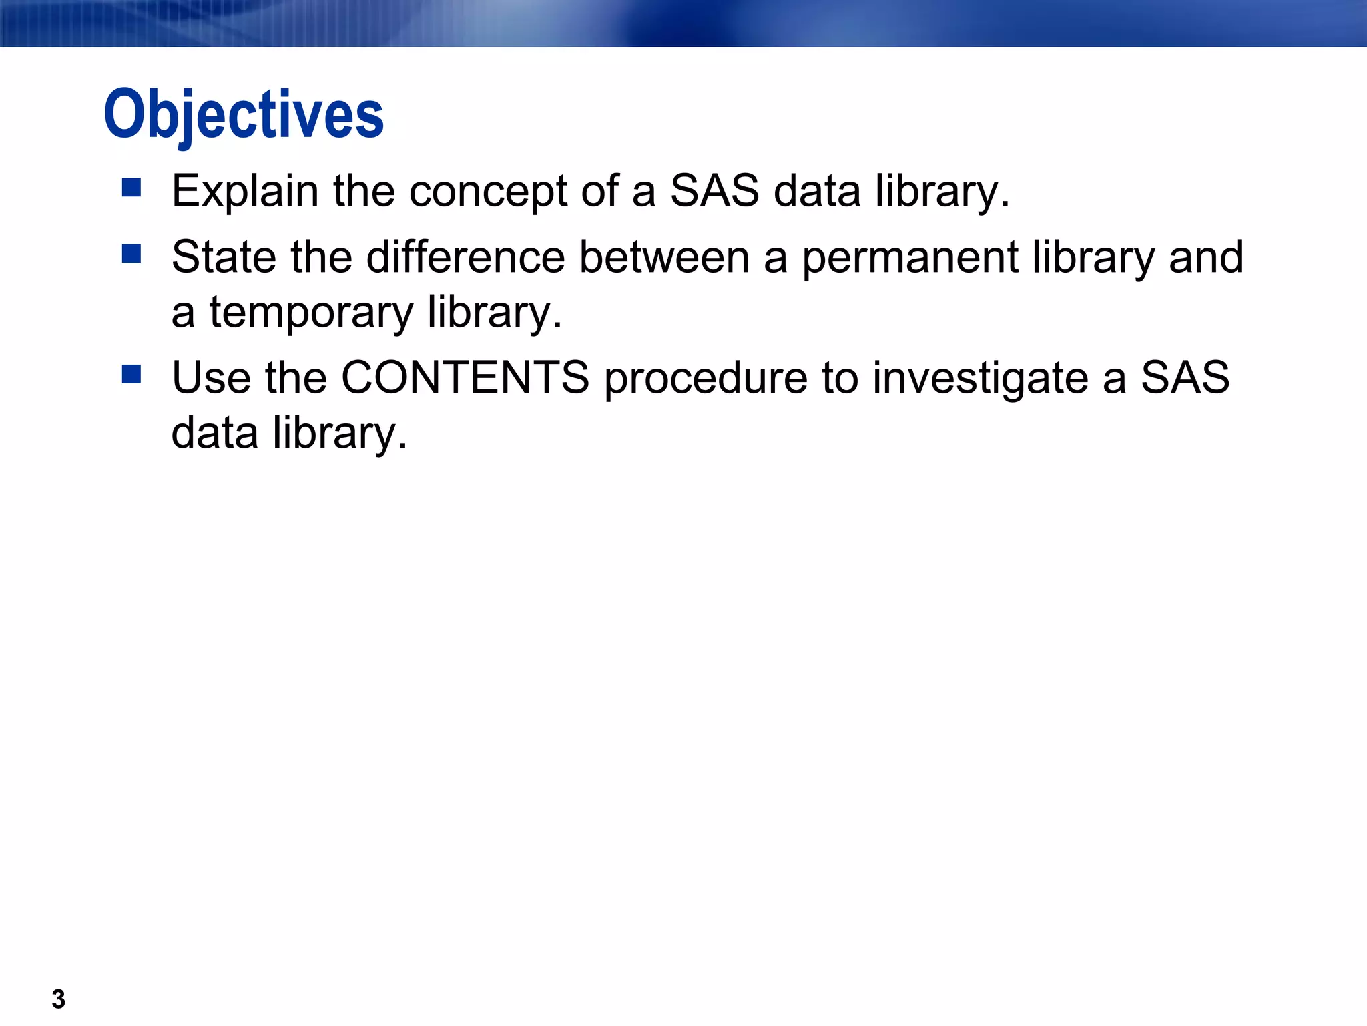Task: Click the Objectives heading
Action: (x=244, y=115)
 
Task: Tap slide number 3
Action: (x=59, y=999)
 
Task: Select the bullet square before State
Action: (x=131, y=253)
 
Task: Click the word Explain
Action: (x=245, y=192)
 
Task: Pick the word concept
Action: (x=488, y=192)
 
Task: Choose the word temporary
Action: (x=312, y=313)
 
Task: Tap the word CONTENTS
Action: (x=465, y=377)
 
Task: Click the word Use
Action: (x=210, y=377)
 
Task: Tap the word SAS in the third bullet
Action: (x=1185, y=377)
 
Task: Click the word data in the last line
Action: (x=214, y=433)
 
